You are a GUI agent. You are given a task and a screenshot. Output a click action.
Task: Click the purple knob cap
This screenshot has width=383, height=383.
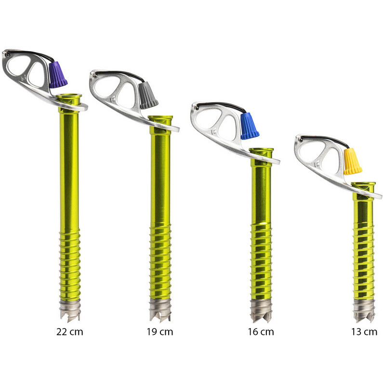(58, 75)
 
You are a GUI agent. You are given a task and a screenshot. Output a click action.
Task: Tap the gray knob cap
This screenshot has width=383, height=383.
(148, 95)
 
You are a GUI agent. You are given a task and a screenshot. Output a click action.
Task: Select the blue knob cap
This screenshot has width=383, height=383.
(250, 126)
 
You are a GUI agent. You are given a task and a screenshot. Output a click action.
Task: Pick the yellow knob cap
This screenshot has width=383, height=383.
(353, 161)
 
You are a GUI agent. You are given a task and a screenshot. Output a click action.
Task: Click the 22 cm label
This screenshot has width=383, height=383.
(69, 332)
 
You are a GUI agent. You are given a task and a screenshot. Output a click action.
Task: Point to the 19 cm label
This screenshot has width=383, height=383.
(160, 332)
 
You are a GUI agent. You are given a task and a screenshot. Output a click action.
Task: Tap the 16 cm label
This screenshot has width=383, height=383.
(261, 332)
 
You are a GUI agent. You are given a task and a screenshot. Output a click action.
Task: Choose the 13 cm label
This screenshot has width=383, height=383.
(364, 332)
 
